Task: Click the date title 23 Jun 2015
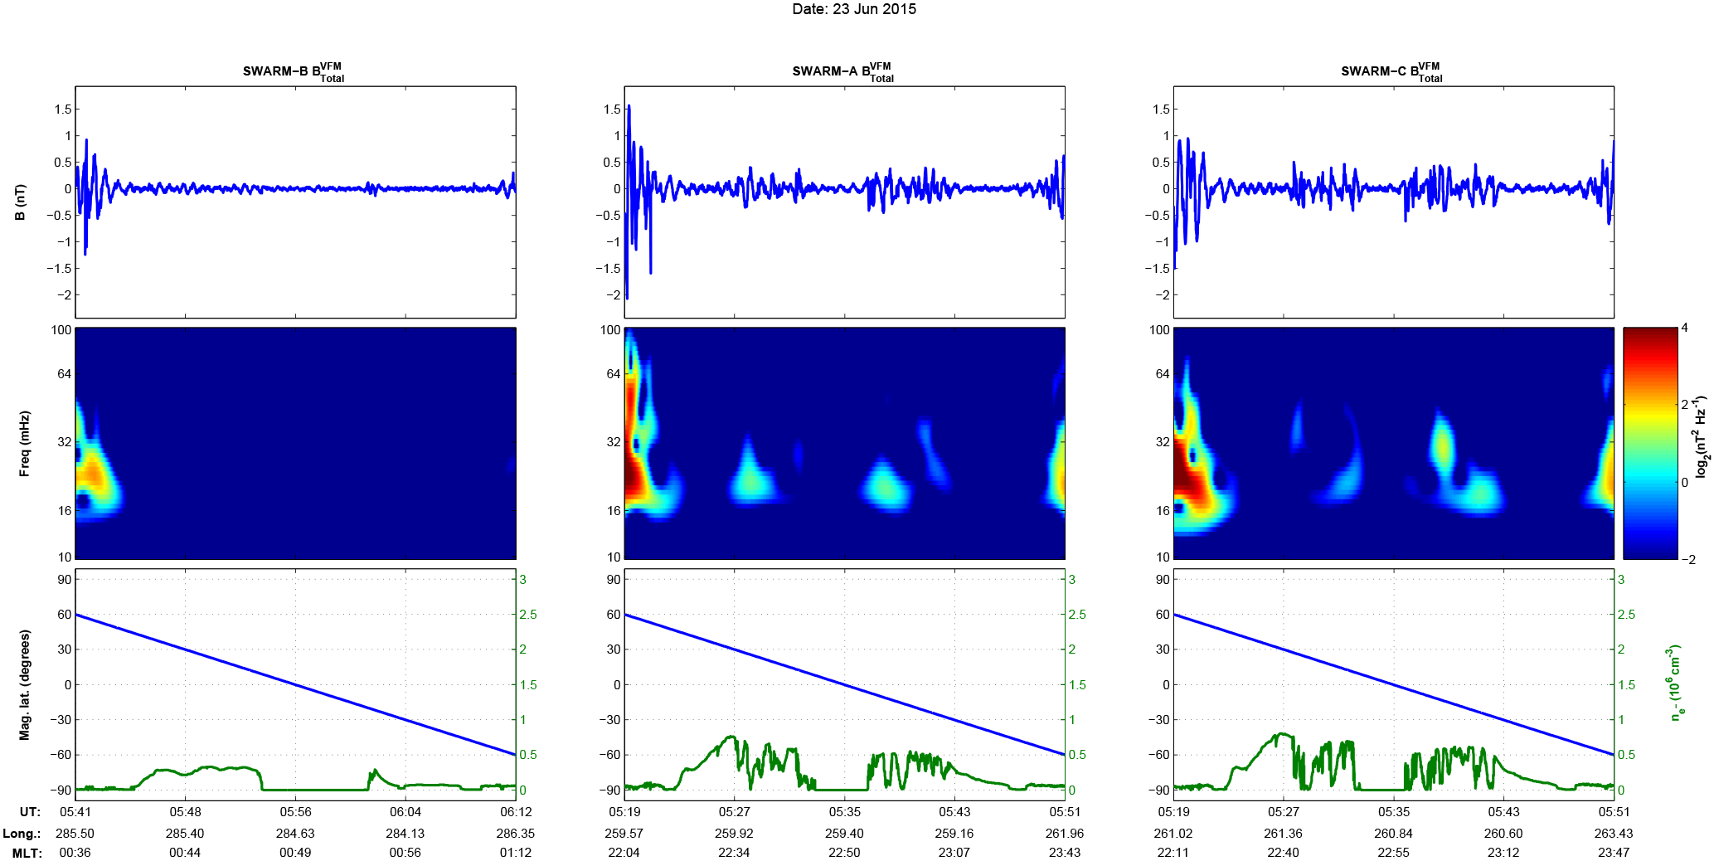click(854, 9)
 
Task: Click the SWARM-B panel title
click(293, 72)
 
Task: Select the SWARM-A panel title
click(842, 72)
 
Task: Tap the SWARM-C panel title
click(1391, 72)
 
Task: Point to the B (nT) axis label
click(21, 202)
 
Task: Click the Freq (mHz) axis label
click(24, 443)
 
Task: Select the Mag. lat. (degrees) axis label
click(24, 684)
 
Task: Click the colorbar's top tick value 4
click(1684, 328)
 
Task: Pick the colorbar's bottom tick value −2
click(1687, 559)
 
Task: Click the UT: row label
click(30, 812)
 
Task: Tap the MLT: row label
click(27, 853)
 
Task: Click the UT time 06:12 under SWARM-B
click(516, 812)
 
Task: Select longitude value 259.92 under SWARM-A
click(734, 834)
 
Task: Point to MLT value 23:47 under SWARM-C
click(1614, 853)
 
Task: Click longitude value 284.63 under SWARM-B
click(295, 834)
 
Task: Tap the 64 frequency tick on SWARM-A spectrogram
click(613, 373)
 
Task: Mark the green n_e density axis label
click(1676, 682)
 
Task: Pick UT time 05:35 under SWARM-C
click(1394, 812)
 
